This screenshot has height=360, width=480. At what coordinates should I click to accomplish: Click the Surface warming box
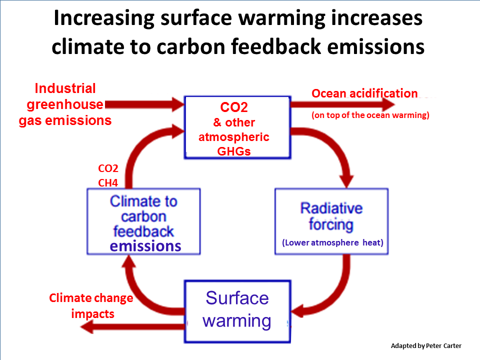[237, 311]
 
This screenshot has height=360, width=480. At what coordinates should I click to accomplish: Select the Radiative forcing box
[331, 221]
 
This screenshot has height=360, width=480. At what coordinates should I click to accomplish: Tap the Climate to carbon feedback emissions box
[143, 221]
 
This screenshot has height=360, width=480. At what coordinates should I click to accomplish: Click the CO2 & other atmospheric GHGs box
[237, 127]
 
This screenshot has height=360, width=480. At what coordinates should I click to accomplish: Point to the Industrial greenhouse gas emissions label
[65, 104]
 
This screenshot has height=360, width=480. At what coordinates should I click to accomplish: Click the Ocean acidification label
[364, 93]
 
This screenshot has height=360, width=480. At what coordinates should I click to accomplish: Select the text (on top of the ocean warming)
[370, 115]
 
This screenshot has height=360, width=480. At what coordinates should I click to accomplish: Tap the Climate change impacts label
[91, 306]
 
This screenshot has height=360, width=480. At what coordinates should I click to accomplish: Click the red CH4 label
[108, 183]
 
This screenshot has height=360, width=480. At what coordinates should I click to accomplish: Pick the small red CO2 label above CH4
[108, 168]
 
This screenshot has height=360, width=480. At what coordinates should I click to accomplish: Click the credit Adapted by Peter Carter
[426, 346]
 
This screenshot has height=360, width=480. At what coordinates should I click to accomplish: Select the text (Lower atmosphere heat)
[332, 243]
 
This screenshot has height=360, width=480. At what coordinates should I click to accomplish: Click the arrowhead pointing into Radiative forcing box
[347, 181]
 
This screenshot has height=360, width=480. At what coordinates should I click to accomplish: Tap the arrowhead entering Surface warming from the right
[297, 312]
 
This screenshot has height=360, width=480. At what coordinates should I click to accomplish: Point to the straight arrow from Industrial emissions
[144, 104]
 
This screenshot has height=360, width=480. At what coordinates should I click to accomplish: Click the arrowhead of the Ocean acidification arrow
[388, 104]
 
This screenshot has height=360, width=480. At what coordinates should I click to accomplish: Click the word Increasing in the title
[104, 18]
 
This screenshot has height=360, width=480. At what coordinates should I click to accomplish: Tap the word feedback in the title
[275, 46]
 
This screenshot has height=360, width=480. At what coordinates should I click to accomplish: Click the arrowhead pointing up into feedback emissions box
[129, 261]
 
